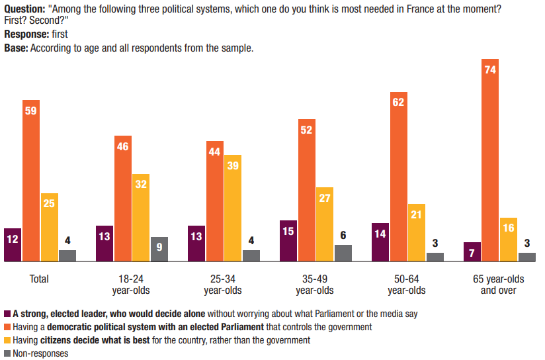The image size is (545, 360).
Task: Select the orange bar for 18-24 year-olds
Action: pos(122,199)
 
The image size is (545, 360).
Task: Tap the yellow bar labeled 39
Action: pos(233,208)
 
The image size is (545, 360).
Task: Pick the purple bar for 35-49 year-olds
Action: pos(288,241)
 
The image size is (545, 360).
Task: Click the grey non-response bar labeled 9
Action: pos(159,249)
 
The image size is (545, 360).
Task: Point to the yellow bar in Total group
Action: pos(49,228)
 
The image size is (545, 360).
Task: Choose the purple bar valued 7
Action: pos(472,252)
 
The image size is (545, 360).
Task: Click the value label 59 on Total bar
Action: pos(30,111)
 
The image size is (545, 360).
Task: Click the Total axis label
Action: pos(39,279)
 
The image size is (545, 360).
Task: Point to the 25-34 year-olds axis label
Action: pos(223,285)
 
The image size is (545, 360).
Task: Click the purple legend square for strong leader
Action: pos(7,314)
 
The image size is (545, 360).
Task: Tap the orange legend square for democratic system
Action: pos(7,327)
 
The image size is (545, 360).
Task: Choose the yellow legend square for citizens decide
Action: pos(7,340)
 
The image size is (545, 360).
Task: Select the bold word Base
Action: pos(16,48)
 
